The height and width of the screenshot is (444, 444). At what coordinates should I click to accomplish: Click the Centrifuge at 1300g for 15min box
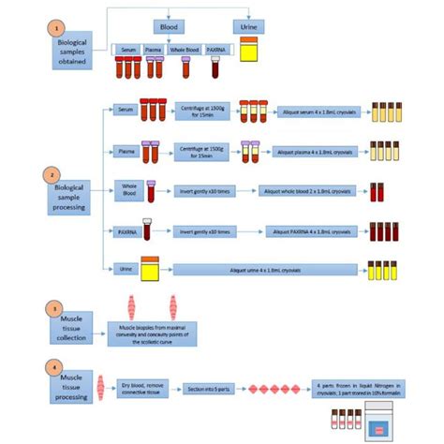[200, 111]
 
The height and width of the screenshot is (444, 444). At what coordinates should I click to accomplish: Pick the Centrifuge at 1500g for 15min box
[200, 150]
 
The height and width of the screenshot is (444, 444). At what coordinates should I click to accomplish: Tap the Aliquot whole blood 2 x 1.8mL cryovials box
[306, 190]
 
